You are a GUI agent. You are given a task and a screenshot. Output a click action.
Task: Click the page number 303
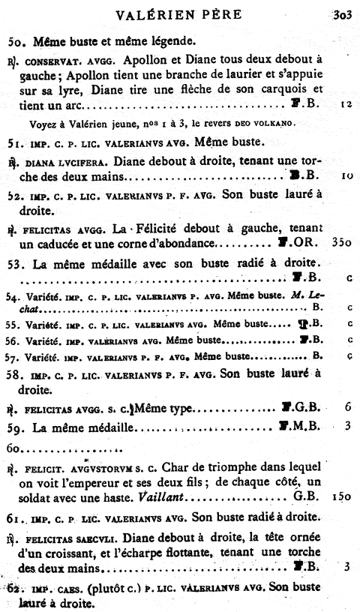(x=343, y=13)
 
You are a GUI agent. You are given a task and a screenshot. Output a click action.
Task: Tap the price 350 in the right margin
(x=340, y=244)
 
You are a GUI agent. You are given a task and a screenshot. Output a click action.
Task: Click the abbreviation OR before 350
(x=311, y=244)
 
